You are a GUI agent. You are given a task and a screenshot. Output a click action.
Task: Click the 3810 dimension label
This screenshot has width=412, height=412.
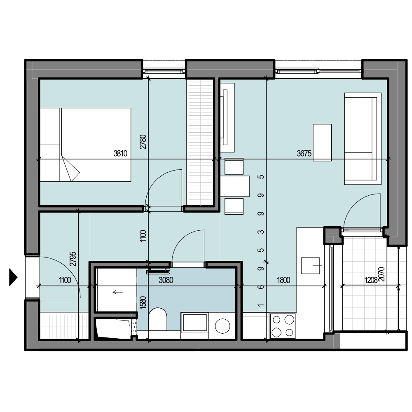(x=120, y=153)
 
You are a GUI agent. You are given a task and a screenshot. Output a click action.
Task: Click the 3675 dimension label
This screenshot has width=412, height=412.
(x=304, y=153)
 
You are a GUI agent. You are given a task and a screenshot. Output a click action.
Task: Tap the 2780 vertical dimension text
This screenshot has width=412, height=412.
(x=143, y=142)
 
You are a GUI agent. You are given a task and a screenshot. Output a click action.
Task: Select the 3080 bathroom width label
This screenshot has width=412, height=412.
(x=166, y=280)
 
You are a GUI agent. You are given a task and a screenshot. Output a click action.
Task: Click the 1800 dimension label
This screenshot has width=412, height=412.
(x=284, y=280)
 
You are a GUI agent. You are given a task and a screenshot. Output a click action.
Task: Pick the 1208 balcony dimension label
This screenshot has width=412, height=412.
(x=371, y=280)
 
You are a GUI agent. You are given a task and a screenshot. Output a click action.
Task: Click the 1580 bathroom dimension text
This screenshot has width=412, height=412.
(x=143, y=302)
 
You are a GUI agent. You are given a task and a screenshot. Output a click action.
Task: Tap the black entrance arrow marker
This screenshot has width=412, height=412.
(x=13, y=277)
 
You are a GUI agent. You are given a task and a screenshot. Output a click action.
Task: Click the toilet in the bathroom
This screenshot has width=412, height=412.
(x=158, y=319)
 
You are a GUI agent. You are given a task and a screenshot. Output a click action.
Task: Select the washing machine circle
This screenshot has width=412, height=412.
(x=222, y=326)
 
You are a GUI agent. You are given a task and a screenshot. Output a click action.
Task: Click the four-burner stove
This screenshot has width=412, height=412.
(x=283, y=326)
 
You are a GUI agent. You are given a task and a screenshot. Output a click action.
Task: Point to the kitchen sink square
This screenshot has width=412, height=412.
(x=310, y=266)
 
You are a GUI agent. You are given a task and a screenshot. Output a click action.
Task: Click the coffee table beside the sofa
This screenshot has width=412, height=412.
(x=322, y=143)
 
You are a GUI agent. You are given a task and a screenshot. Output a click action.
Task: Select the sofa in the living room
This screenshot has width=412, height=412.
(x=363, y=138)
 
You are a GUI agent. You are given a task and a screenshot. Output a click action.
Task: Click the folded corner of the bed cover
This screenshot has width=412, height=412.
(x=70, y=169)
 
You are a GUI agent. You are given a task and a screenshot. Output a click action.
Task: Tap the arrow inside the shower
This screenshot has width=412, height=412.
(x=118, y=292)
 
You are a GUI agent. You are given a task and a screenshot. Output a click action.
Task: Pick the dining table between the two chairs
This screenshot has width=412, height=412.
(x=235, y=186)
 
